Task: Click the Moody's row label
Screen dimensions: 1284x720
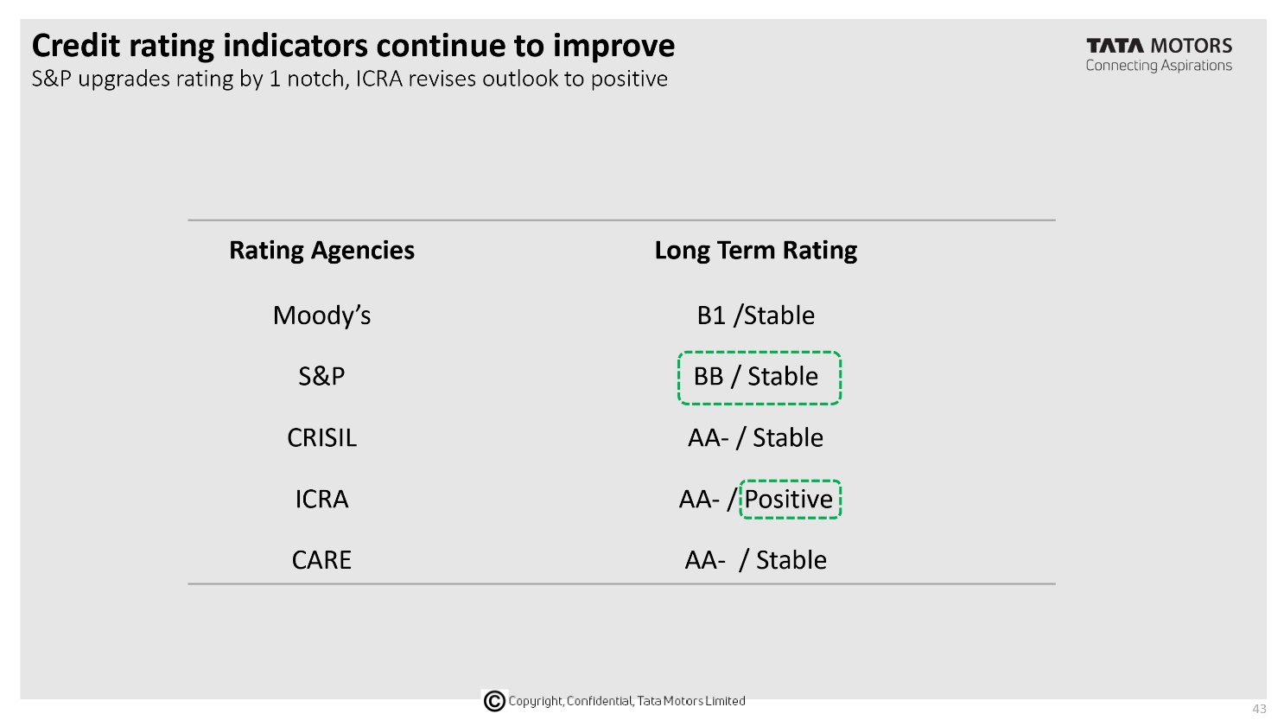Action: pos(321,315)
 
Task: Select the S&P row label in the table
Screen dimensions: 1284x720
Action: pos(321,377)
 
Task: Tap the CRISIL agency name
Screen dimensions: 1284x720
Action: pos(321,438)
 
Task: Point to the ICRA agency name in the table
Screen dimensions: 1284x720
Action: pos(321,500)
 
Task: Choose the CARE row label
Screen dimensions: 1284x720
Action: pos(321,560)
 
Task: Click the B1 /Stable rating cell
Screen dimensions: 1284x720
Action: pos(755,315)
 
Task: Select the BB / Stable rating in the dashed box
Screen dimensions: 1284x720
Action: pos(755,377)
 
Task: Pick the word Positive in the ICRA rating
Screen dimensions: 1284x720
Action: pos(788,500)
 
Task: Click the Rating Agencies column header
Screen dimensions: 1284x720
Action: pos(321,251)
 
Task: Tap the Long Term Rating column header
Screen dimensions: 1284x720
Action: pos(755,251)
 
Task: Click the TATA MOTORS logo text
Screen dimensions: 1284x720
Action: pos(1159,46)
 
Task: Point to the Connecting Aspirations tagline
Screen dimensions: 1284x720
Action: pos(1159,66)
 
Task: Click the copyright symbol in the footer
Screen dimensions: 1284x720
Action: pos(494,700)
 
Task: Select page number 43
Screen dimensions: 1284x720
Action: pos(1259,709)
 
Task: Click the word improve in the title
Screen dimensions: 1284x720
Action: pos(613,46)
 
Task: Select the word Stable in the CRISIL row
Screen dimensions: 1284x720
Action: pos(788,438)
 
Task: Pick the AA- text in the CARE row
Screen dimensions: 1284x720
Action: pos(705,560)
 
